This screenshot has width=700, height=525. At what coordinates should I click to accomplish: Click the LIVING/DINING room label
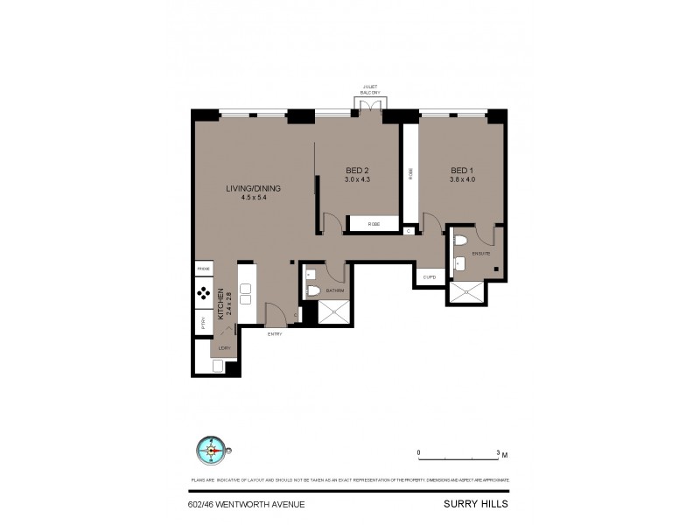246,188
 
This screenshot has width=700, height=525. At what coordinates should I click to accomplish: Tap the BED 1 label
461,170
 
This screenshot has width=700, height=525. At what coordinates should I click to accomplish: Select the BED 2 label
356,170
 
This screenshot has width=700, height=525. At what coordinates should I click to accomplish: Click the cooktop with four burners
202,293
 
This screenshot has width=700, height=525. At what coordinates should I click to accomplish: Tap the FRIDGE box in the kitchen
203,269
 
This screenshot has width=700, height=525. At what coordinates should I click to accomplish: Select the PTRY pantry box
202,320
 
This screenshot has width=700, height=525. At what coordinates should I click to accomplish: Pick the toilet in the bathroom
313,290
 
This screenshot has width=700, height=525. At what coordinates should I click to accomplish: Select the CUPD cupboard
429,277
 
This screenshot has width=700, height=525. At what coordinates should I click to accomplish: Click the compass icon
212,451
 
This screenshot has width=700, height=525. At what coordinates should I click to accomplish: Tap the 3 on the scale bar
498,452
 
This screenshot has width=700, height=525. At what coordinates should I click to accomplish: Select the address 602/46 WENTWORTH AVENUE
246,503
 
